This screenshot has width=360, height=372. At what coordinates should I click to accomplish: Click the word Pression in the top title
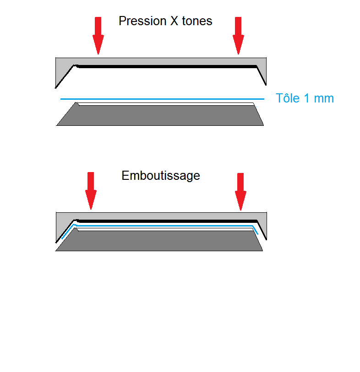(142, 21)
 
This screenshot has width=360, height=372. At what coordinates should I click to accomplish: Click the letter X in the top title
(174, 21)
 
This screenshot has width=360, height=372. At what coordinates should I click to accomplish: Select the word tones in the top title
(197, 21)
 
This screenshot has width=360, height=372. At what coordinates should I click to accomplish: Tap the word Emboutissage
(161, 176)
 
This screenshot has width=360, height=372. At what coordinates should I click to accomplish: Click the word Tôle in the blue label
(288, 98)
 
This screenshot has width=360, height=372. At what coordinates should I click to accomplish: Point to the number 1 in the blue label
(307, 98)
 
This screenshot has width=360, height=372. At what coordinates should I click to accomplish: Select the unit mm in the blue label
(324, 99)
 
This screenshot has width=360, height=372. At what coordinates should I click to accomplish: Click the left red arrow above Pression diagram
(98, 36)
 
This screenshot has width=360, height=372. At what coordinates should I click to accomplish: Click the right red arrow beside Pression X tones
(238, 36)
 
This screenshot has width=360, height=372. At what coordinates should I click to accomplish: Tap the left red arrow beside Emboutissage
(91, 191)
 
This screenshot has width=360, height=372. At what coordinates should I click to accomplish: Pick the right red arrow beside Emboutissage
(240, 191)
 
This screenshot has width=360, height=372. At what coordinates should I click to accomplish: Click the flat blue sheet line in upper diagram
(162, 99)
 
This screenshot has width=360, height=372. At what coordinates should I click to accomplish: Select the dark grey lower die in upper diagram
(160, 115)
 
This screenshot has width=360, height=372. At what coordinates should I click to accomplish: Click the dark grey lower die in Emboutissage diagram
(159, 241)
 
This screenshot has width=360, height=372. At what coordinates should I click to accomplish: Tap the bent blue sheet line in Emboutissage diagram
(164, 226)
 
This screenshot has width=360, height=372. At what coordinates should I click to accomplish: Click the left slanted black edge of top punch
(65, 76)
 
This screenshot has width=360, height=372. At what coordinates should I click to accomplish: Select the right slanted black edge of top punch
(262, 75)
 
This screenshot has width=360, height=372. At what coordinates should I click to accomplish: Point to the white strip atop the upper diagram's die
(166, 104)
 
